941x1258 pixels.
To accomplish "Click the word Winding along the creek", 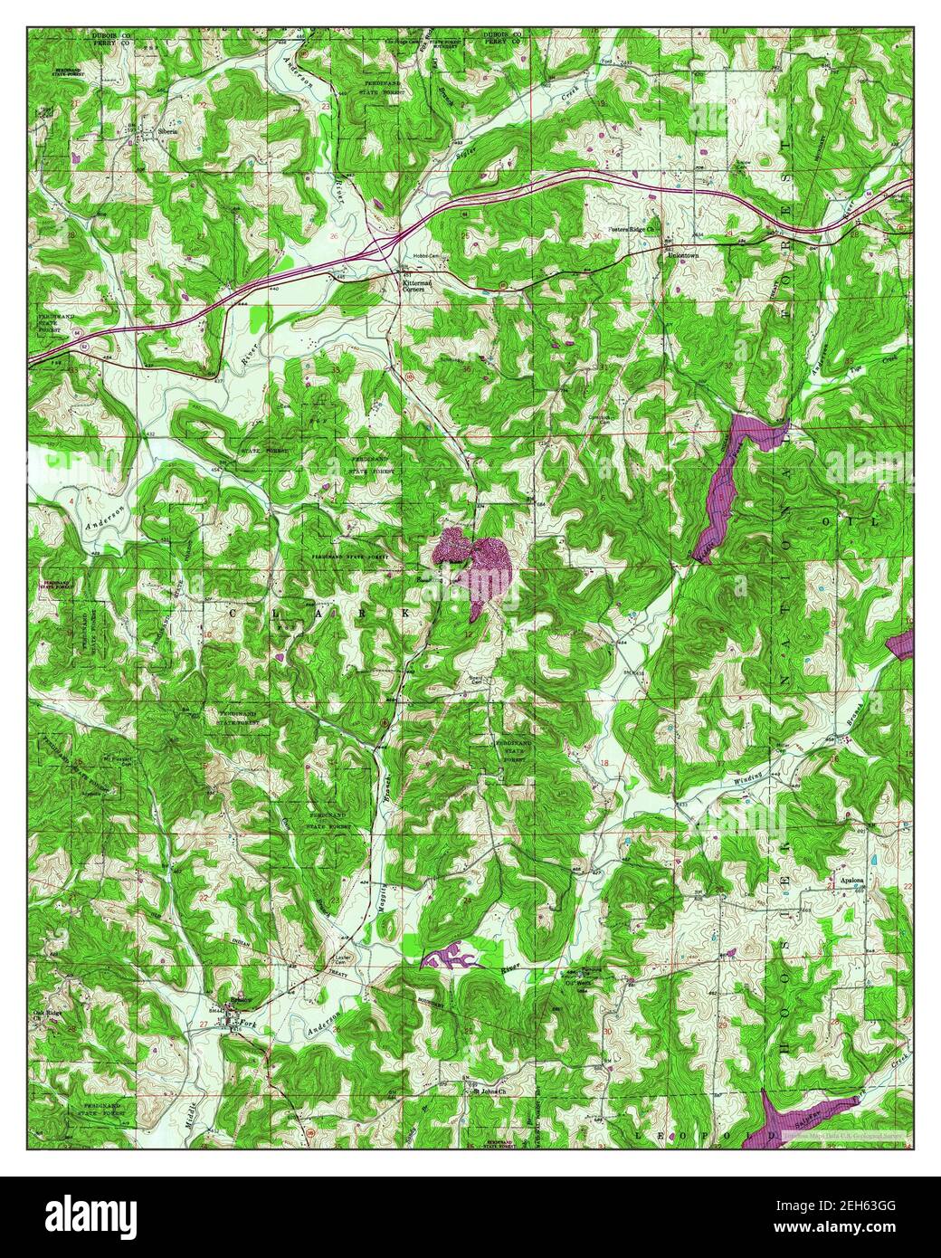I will point(747,777).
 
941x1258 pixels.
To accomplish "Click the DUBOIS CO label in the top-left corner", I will point(109,34).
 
